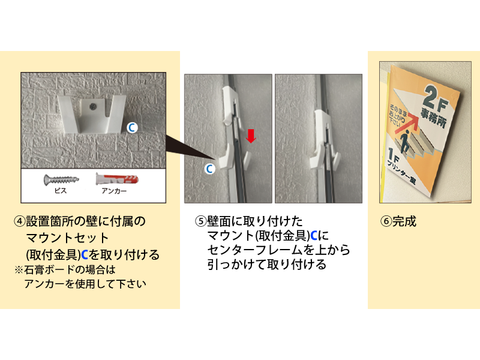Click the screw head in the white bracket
[92, 106]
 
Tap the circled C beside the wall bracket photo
[132, 128]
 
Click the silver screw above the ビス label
[61, 179]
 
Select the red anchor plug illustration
[117, 179]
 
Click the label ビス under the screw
[61, 191]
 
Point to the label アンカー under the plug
[114, 191]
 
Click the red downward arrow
[251, 136]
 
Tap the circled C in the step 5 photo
[209, 169]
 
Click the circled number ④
[20, 221]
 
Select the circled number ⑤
[201, 221]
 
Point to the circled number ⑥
[386, 221]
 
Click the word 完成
[404, 221]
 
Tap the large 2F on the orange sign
[436, 98]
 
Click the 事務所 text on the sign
[433, 118]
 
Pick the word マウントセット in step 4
[67, 238]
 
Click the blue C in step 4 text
[85, 254]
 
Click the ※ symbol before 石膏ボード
[19, 270]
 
